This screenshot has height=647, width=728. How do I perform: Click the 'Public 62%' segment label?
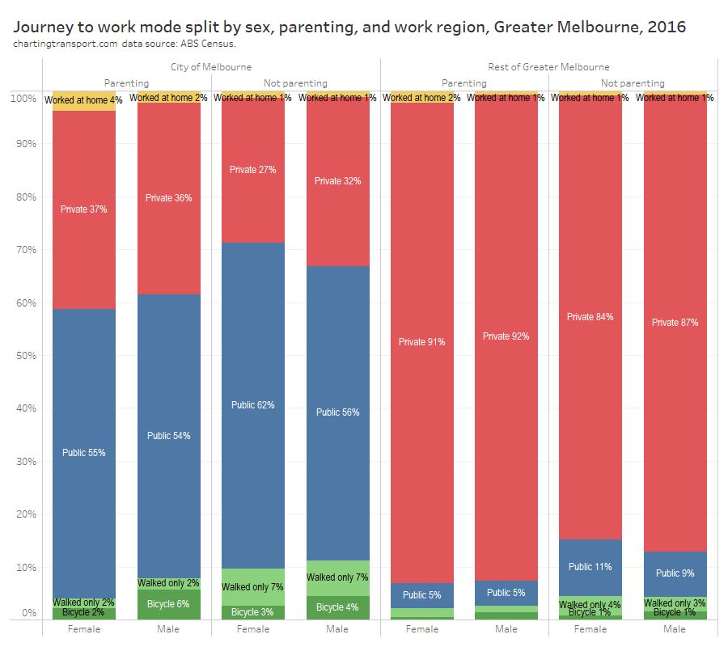click(x=253, y=405)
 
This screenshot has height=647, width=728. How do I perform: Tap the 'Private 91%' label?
click(x=422, y=342)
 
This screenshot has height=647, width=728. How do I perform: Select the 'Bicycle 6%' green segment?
click(x=169, y=604)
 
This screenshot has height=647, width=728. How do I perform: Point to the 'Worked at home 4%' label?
click(x=84, y=100)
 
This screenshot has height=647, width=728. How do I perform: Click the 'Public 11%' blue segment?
click(x=590, y=567)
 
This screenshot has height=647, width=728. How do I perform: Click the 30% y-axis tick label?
click(x=27, y=461)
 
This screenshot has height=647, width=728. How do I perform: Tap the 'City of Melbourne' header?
click(x=211, y=66)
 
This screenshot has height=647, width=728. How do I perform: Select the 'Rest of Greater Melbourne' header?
click(x=548, y=66)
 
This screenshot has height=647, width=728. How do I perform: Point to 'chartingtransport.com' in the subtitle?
click(x=65, y=43)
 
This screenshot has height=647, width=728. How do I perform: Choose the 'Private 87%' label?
click(x=675, y=323)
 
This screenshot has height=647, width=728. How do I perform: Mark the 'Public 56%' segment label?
click(x=338, y=412)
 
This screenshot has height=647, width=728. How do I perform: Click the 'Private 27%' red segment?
click(x=253, y=170)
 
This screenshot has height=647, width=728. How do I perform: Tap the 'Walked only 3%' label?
click(x=675, y=603)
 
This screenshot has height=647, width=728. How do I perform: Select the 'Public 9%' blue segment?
click(x=675, y=573)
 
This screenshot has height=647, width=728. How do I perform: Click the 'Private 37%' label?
click(x=84, y=209)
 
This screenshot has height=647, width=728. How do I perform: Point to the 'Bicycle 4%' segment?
click(x=338, y=607)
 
